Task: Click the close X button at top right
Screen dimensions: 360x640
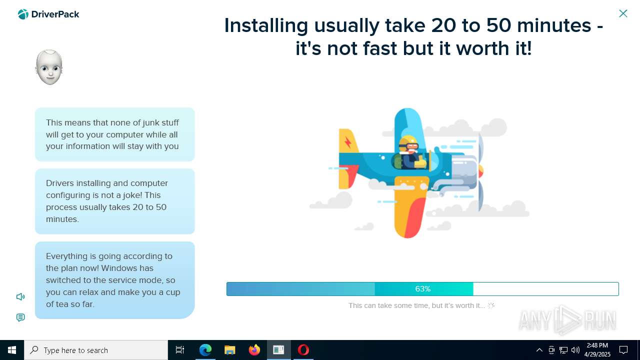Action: click(x=623, y=13)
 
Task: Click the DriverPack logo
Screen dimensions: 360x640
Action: click(x=48, y=14)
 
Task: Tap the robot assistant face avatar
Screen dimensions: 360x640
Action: click(x=49, y=67)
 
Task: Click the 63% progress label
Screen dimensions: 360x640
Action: click(x=422, y=289)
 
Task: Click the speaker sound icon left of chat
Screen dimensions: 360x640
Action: click(x=20, y=297)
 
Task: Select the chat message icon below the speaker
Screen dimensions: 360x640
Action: click(x=20, y=317)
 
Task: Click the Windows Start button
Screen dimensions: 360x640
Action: click(x=12, y=350)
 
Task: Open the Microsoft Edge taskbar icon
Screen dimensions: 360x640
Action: click(x=205, y=350)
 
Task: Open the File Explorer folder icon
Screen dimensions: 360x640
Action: click(x=230, y=350)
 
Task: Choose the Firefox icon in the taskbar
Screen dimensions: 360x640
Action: click(x=254, y=350)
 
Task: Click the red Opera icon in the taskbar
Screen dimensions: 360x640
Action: click(x=303, y=350)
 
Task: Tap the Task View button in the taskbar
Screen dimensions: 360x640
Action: click(x=180, y=350)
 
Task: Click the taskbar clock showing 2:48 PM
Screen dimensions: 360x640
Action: click(x=597, y=350)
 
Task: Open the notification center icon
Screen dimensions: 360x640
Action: click(x=623, y=350)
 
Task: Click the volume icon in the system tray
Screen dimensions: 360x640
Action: click(x=575, y=350)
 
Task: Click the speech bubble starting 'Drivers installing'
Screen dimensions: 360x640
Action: click(x=114, y=201)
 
